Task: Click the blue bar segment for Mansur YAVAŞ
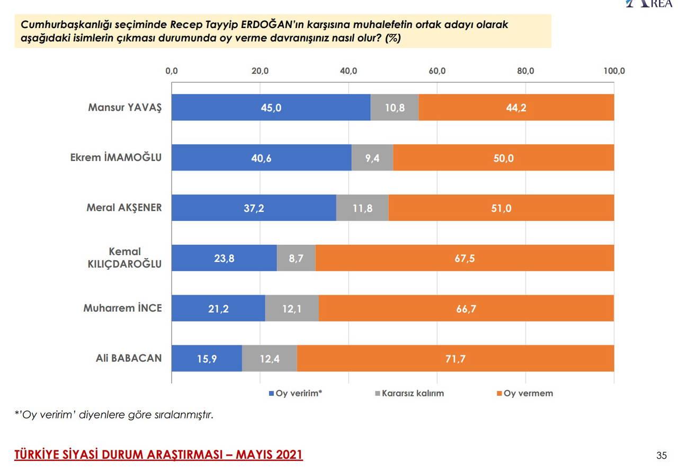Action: pyautogui.click(x=271, y=108)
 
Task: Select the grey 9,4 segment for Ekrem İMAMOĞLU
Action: pyautogui.click(x=372, y=158)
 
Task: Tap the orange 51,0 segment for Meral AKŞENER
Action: pyautogui.click(x=501, y=208)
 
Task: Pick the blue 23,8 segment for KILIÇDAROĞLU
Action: pyautogui.click(x=224, y=259)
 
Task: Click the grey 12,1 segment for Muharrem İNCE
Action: pyautogui.click(x=292, y=308)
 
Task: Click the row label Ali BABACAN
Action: pyautogui.click(x=129, y=358)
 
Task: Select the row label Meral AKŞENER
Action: pyautogui.click(x=124, y=208)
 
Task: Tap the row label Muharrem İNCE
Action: pyautogui.click(x=122, y=308)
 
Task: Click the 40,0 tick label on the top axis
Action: pyautogui.click(x=349, y=71)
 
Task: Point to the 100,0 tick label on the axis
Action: pyautogui.click(x=614, y=71)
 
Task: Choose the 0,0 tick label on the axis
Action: pyautogui.click(x=172, y=71)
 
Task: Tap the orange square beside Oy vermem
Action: pyautogui.click(x=499, y=394)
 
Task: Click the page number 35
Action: pyautogui.click(x=662, y=456)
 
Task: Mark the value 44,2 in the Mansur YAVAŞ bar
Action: pyautogui.click(x=516, y=108)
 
